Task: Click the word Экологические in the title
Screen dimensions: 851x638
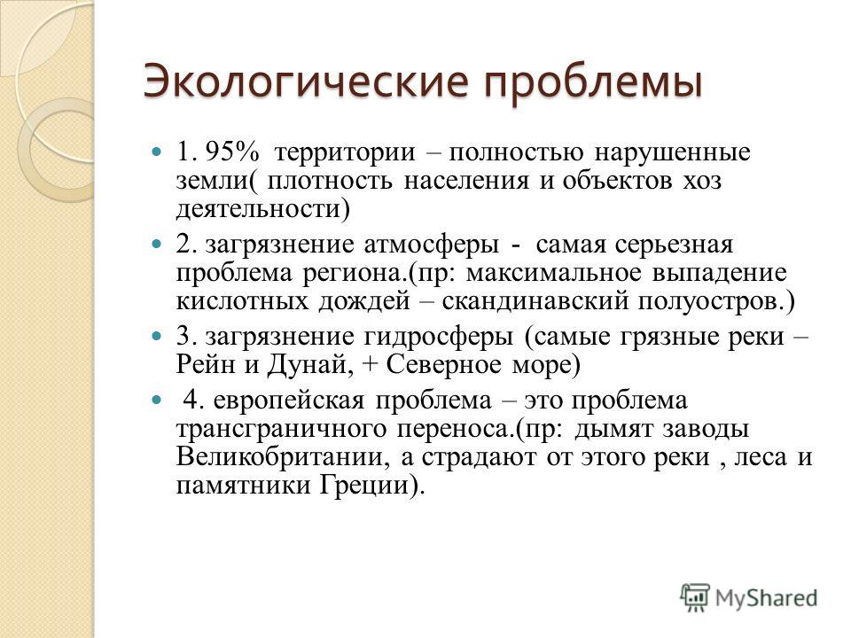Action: click(x=306, y=82)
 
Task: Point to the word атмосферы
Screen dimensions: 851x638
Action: click(x=431, y=245)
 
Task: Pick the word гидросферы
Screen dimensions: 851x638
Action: click(x=438, y=338)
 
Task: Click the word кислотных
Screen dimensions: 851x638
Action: click(x=242, y=301)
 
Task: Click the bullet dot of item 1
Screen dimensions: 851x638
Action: click(x=156, y=152)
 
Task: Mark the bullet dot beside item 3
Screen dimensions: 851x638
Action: click(x=156, y=337)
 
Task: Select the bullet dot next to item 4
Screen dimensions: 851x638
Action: click(x=156, y=401)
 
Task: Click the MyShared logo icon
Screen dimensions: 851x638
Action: click(x=695, y=597)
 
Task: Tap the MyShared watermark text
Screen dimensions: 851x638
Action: click(x=766, y=598)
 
